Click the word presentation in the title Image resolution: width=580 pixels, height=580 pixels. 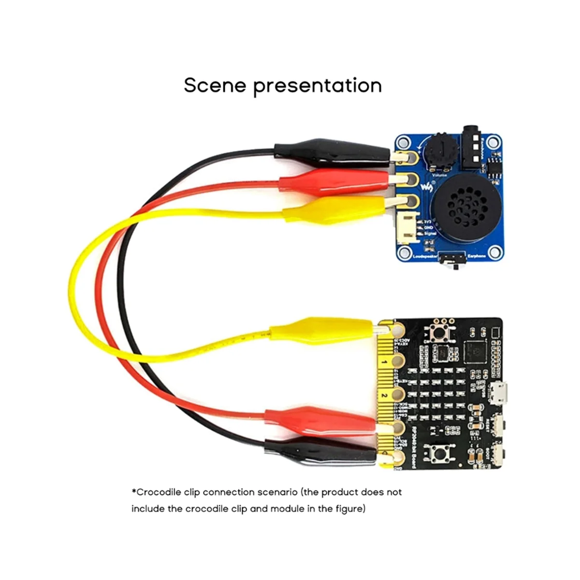318,86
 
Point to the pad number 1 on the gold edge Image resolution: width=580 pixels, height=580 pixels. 385,361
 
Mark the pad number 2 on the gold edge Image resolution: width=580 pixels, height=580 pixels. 385,395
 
